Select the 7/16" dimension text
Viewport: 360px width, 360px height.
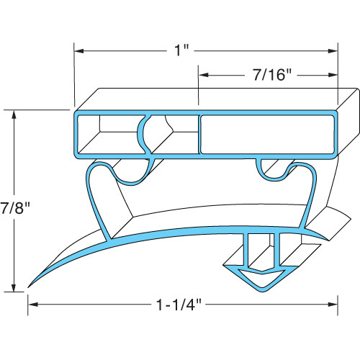tap(268, 74)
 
